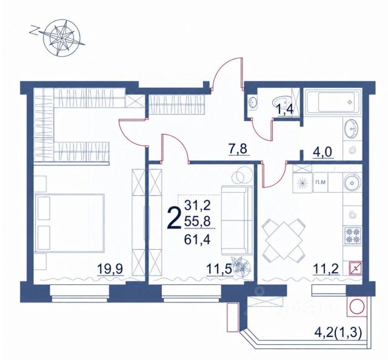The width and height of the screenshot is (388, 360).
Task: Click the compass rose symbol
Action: click(61, 37)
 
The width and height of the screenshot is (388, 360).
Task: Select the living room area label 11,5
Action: click(219, 269)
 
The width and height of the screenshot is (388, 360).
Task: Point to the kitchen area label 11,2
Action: click(326, 269)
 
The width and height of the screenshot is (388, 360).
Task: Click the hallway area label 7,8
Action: click(238, 149)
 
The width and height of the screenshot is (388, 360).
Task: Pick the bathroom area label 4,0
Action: click(321, 152)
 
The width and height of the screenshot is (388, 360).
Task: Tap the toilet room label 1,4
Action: click(286, 110)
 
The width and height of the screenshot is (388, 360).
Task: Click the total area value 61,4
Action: click(197, 239)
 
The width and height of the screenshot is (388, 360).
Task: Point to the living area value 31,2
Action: click(197, 205)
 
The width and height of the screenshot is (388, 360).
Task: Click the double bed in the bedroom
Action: click(70, 223)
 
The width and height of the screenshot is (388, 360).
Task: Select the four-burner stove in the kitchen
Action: click(353, 235)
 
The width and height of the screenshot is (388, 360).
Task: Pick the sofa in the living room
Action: click(237, 220)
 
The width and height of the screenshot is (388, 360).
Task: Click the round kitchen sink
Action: click(352, 183)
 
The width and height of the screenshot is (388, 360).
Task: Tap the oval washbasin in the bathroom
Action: click(352, 128)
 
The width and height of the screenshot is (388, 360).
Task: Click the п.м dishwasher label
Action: click(320, 182)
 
